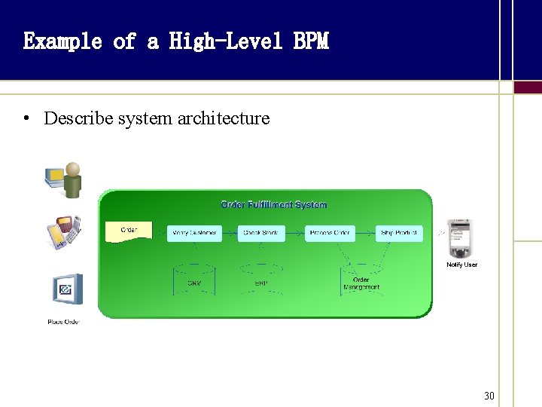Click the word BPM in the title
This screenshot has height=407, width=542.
click(311, 41)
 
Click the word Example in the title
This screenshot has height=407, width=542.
click(62, 41)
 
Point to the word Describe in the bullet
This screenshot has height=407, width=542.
click(75, 118)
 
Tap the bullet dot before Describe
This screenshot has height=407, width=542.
click(26, 118)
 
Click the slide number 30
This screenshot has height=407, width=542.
click(489, 396)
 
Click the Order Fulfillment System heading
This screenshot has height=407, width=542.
click(273, 204)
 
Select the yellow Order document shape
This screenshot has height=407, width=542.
click(129, 231)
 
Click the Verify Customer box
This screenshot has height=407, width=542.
click(194, 233)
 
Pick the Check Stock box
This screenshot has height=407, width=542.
click(261, 233)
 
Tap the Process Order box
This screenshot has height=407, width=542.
click(329, 233)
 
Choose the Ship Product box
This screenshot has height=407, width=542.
click(399, 233)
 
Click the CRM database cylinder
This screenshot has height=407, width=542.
click(194, 279)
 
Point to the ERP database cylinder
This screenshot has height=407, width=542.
click(261, 279)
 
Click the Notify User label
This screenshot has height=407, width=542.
click(462, 265)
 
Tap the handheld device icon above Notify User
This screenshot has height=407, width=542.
click(459, 238)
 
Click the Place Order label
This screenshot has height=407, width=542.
click(64, 322)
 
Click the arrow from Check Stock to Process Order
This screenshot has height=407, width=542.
click(295, 233)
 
